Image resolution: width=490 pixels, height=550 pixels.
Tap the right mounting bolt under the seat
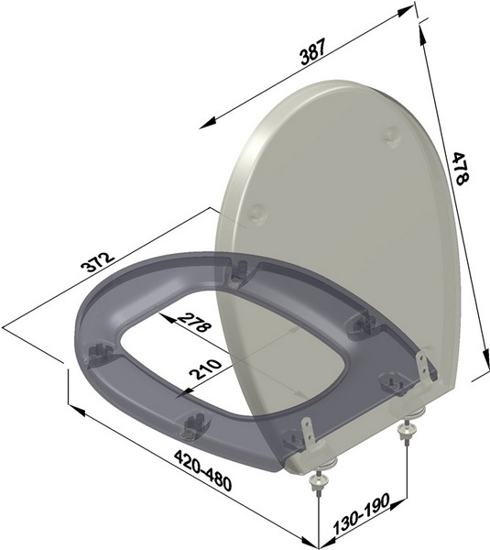tap(406, 430)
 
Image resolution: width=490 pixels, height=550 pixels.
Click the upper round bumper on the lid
tap(392, 134)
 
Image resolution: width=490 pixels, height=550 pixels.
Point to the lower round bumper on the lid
tap(257, 211)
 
